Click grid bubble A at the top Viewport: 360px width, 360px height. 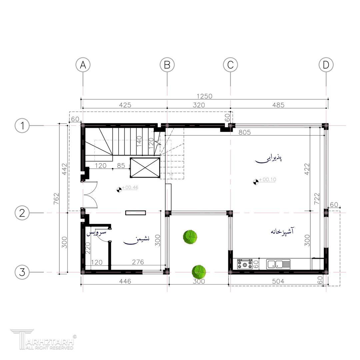coord(83,65)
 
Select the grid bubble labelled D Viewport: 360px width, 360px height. coord(326,65)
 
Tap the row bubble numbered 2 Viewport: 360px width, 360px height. coord(22,213)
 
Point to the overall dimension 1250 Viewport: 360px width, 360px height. coord(204,96)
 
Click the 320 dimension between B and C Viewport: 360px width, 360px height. coord(199,105)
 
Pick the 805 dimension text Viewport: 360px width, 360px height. coord(245,132)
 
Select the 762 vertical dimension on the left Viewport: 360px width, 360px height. coord(56,199)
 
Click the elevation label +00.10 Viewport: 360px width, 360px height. coord(267,180)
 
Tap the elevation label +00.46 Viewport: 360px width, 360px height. coord(130,187)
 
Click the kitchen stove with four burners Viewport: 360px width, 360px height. coord(245,264)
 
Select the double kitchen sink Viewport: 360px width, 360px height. coord(278,264)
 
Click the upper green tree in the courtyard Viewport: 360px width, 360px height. coord(190,237)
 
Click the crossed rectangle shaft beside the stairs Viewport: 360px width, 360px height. coord(145,168)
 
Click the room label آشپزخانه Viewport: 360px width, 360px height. coord(282,231)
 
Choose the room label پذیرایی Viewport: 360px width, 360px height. coord(269,159)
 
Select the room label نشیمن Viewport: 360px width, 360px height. coord(136,240)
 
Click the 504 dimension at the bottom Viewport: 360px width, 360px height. coord(278,281)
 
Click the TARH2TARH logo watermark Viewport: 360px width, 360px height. coord(43,339)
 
